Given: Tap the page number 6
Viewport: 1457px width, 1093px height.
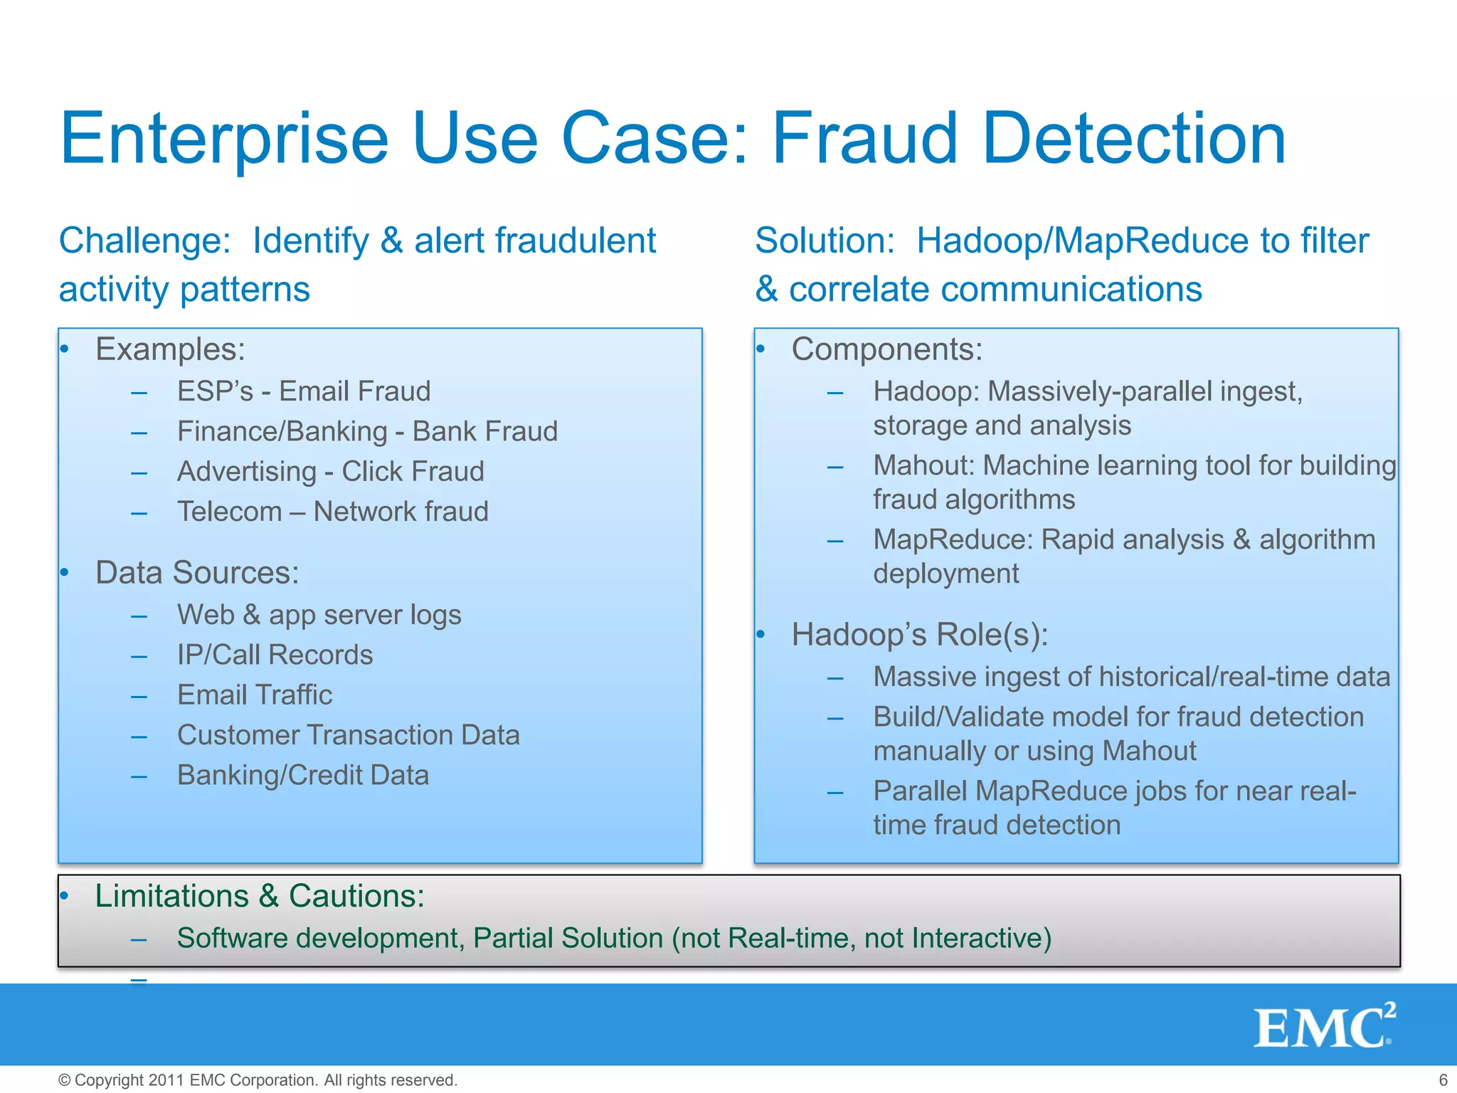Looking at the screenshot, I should (x=1443, y=1079).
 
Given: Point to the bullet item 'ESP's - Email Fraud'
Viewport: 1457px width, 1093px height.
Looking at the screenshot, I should (x=304, y=391).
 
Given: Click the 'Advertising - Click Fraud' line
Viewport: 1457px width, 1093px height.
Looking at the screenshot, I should (x=330, y=472).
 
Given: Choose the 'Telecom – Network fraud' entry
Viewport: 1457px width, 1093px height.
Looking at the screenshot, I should (x=332, y=512).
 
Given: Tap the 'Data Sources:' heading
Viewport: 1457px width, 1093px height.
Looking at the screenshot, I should (x=197, y=573).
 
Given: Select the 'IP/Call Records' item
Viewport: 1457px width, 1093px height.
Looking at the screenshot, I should (x=275, y=655).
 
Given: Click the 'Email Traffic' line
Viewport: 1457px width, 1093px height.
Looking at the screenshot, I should (x=255, y=695).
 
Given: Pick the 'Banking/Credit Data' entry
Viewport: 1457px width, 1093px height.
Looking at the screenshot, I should (x=303, y=775).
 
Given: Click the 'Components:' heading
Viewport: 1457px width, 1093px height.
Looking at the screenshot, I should (x=886, y=349).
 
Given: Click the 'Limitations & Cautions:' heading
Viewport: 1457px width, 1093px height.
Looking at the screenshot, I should (x=260, y=896).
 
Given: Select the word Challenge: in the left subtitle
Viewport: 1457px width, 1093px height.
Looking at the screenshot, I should (x=144, y=241).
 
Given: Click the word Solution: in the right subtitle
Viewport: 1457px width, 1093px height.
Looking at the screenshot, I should (x=825, y=241).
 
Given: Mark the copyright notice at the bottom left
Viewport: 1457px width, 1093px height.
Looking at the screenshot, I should (x=258, y=1079).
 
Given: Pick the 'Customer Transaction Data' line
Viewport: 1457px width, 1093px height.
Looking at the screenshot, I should (x=348, y=735).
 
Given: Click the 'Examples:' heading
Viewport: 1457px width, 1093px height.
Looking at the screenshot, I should (x=170, y=349).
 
